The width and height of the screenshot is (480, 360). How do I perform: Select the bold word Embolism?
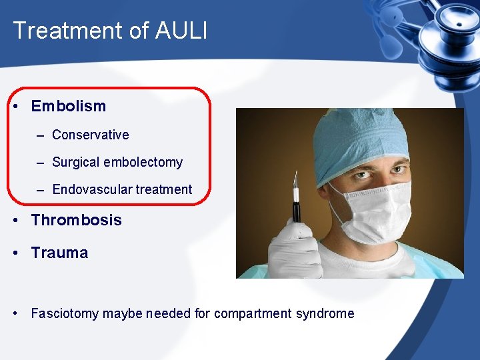(68, 106)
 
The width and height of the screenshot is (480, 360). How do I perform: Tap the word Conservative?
(90, 135)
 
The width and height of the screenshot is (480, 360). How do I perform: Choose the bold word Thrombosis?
(76, 220)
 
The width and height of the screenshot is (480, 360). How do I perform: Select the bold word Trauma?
(59, 253)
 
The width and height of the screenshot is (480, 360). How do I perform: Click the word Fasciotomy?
(65, 313)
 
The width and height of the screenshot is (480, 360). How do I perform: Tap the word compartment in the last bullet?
(252, 313)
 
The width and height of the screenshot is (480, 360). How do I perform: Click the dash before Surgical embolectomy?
(41, 163)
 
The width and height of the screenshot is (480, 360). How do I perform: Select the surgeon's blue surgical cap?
(360, 133)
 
